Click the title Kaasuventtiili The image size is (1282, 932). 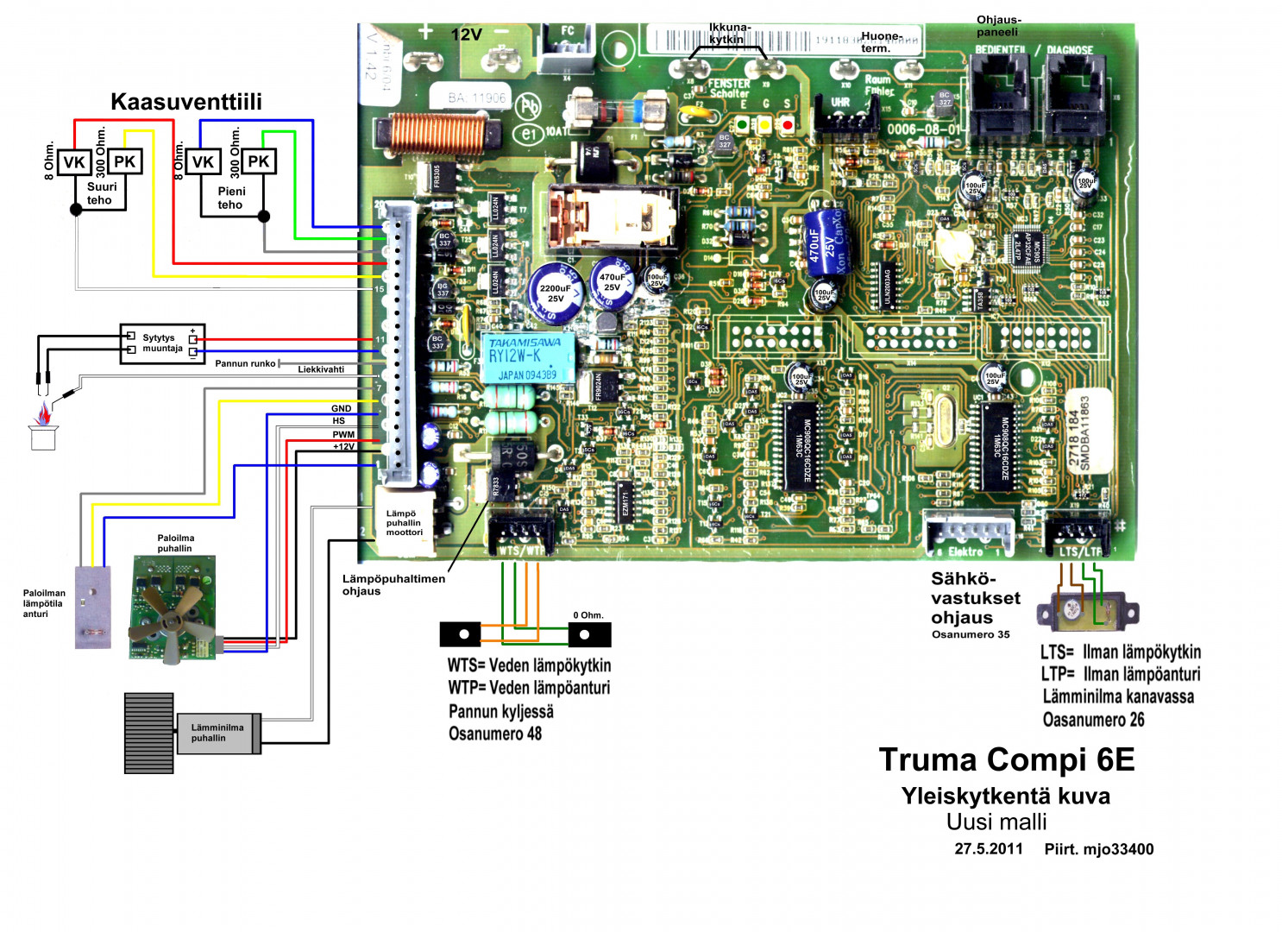coord(186,102)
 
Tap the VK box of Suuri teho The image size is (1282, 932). coord(75,162)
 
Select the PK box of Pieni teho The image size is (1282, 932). coord(258,161)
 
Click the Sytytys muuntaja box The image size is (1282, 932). coord(162,343)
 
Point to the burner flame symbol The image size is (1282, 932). coord(42,416)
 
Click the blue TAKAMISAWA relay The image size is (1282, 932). coord(528,357)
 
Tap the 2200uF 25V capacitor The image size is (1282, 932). coord(556,292)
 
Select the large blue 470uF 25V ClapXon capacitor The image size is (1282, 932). coord(824,239)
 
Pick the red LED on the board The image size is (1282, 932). coord(787,125)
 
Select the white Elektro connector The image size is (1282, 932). coord(968,533)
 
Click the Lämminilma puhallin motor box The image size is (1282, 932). coord(218,734)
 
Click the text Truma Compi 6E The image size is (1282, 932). coord(1006,759)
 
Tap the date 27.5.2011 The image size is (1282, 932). coord(988,849)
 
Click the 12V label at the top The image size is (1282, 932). coord(467,35)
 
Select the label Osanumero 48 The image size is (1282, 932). coord(495,734)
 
